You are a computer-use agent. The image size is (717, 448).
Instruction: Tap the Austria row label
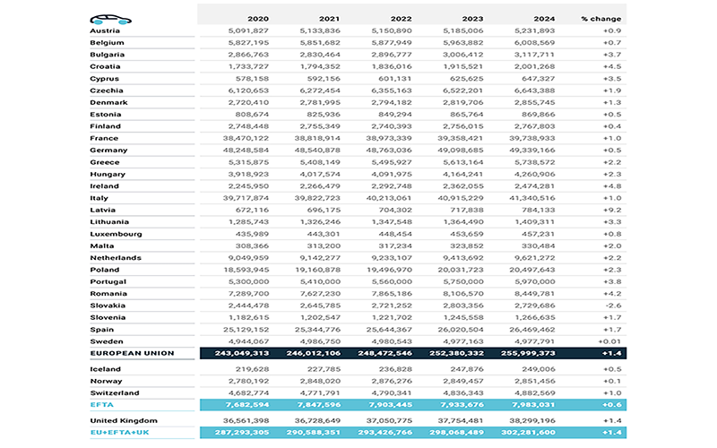click(105, 30)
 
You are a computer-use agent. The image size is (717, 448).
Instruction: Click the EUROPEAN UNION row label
click(132, 353)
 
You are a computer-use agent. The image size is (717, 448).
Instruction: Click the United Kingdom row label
click(125, 420)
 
